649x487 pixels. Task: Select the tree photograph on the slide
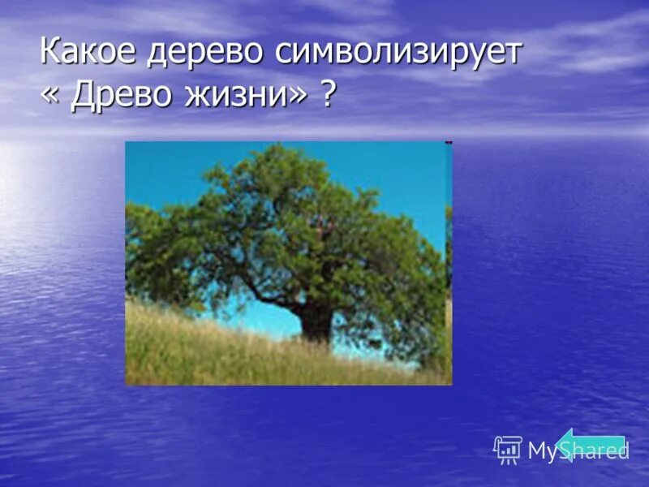tap(288, 262)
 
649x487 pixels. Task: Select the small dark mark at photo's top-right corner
tap(448, 144)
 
